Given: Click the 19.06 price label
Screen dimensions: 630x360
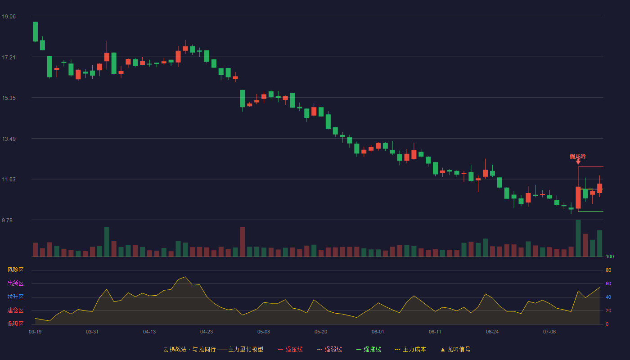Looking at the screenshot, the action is tap(9, 16).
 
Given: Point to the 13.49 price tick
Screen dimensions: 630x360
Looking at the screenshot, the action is tap(9, 139).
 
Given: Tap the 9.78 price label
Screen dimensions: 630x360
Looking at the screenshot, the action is tap(7, 220).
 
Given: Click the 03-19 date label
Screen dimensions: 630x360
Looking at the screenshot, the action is tap(35, 332).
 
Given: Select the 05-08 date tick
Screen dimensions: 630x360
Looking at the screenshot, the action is tap(264, 332).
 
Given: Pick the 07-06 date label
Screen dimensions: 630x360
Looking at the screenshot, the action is tap(549, 332).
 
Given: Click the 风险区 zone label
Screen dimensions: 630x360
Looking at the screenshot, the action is tap(15, 270).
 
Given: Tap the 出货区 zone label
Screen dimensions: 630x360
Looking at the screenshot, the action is tap(15, 283).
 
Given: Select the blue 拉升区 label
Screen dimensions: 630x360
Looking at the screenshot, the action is tap(15, 297).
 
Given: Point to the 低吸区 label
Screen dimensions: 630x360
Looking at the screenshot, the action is tap(15, 324).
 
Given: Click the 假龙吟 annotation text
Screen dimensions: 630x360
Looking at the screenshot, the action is tap(578, 157).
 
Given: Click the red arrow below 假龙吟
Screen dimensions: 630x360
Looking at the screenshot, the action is tap(578, 162).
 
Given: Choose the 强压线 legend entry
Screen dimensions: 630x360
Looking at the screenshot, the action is tap(290, 349).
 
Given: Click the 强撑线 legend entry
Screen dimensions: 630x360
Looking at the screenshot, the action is tap(369, 349).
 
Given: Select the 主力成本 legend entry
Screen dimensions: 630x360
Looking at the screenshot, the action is tap(410, 349).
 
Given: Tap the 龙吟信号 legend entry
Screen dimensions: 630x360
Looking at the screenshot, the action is tap(455, 349).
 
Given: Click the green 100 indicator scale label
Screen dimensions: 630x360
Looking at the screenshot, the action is tap(610, 256).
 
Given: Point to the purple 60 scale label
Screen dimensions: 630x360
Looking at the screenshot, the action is tap(608, 283).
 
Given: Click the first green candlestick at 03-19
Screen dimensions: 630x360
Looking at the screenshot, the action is tap(35, 31).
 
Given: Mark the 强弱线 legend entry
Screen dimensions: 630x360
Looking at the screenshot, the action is tap(329, 349).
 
